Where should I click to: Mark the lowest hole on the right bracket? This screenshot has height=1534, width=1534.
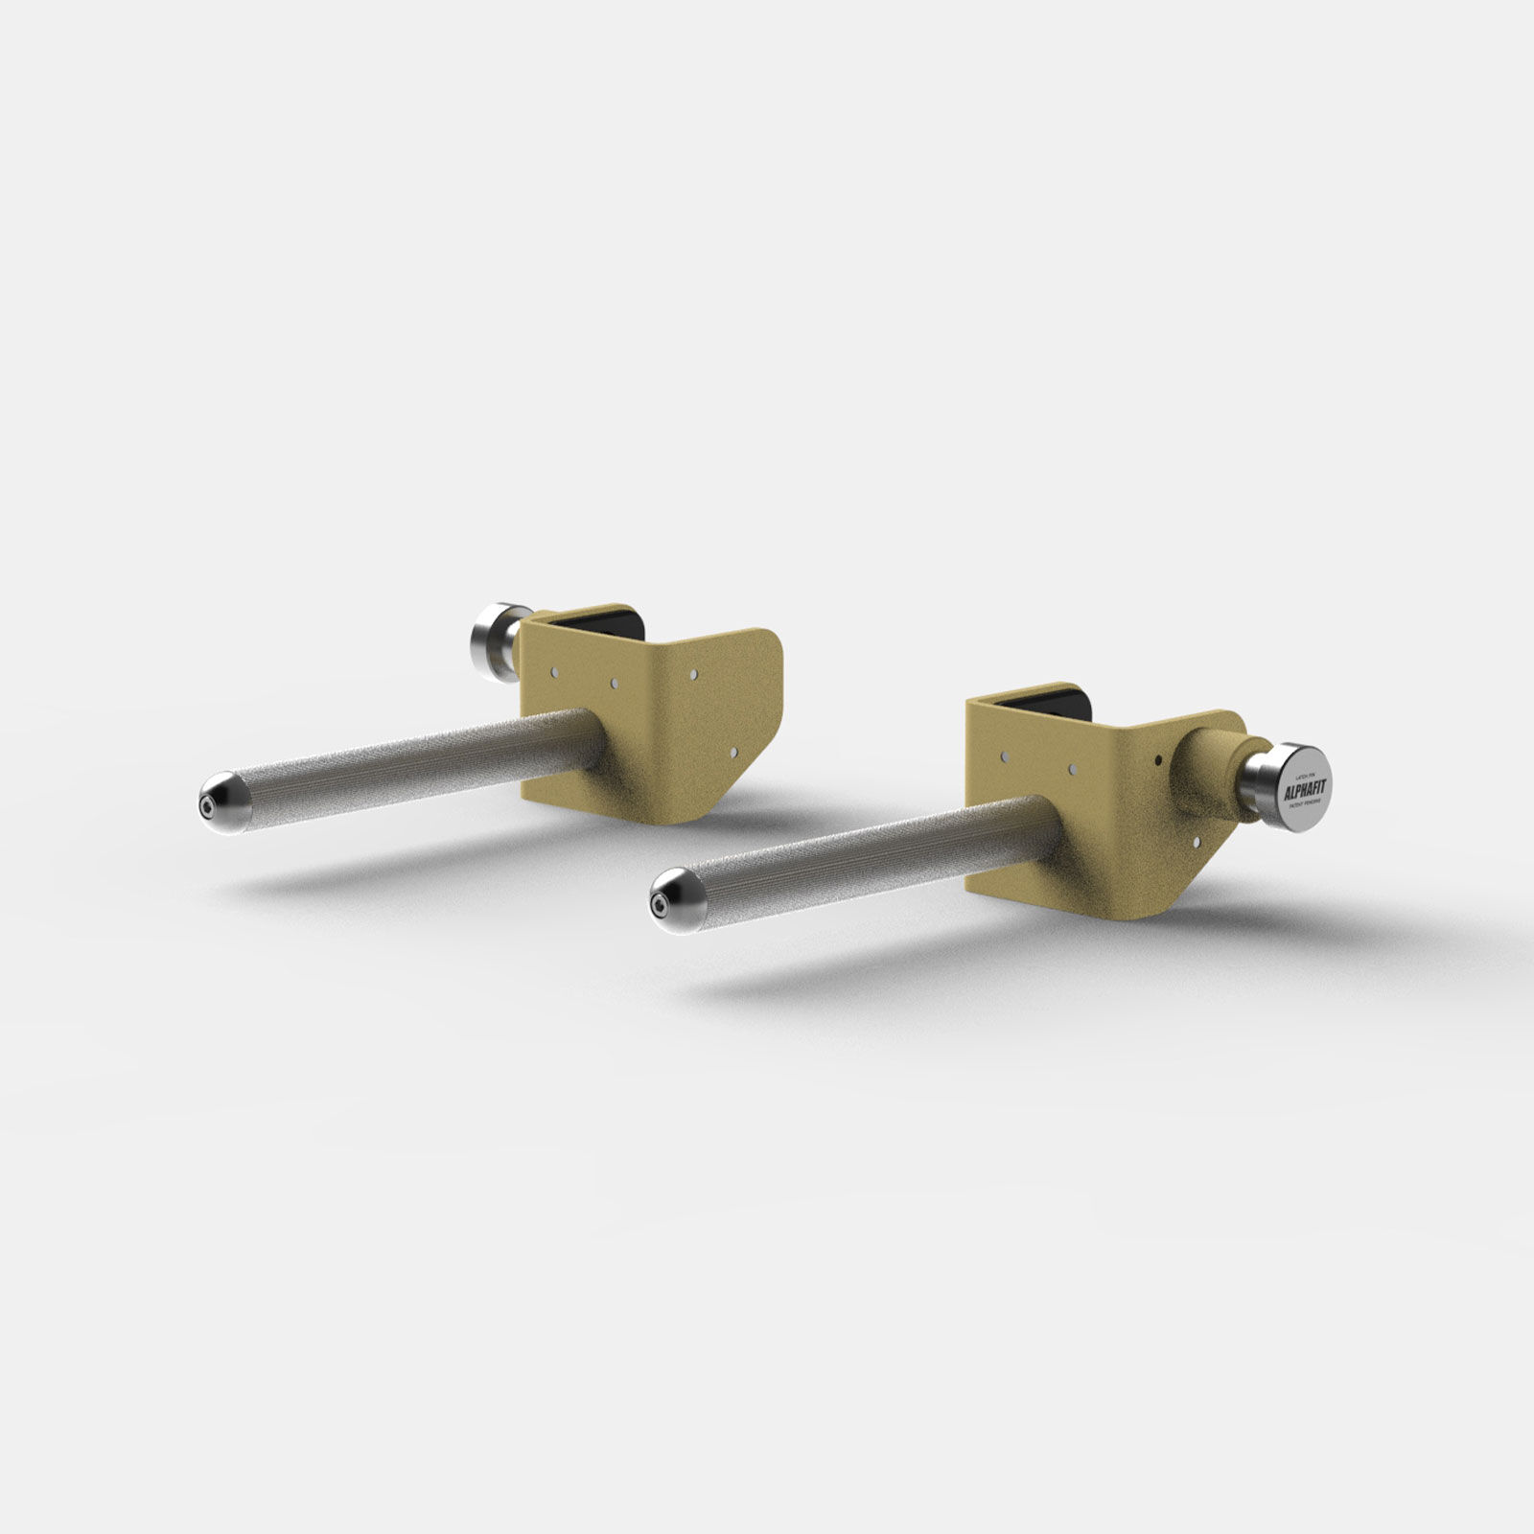(x=1198, y=841)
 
